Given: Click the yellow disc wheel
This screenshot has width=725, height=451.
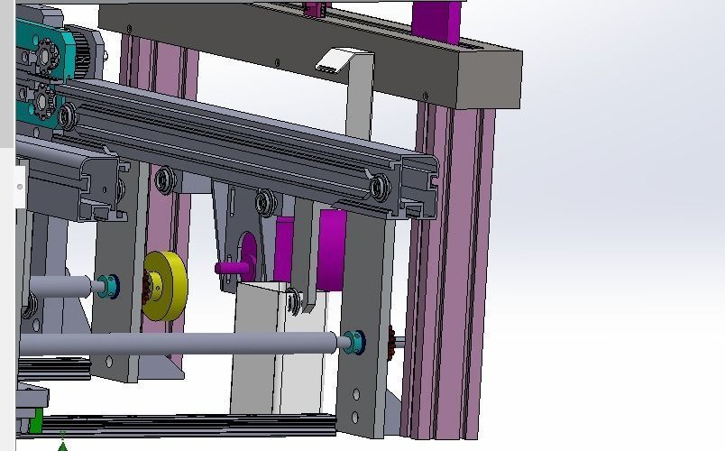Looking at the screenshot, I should [x=165, y=285].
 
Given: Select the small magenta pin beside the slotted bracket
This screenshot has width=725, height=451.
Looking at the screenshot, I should [x=229, y=267].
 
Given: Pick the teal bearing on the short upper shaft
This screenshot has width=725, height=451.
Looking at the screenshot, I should [x=109, y=286].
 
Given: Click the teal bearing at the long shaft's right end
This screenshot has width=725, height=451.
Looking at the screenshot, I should [x=354, y=341].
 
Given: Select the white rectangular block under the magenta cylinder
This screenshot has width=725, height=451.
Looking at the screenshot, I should [x=271, y=352].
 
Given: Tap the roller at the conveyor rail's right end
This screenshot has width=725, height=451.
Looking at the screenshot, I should [x=380, y=187].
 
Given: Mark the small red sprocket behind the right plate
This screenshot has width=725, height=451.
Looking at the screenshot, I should [x=391, y=342].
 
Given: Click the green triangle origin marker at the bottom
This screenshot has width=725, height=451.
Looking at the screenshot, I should [x=62, y=444].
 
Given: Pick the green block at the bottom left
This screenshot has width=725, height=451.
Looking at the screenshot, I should [x=35, y=421].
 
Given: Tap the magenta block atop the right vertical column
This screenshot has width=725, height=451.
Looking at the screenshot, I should [x=436, y=22].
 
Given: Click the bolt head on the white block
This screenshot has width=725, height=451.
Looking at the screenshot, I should [x=293, y=302].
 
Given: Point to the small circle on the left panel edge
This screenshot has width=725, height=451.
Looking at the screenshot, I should [x=20, y=187].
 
